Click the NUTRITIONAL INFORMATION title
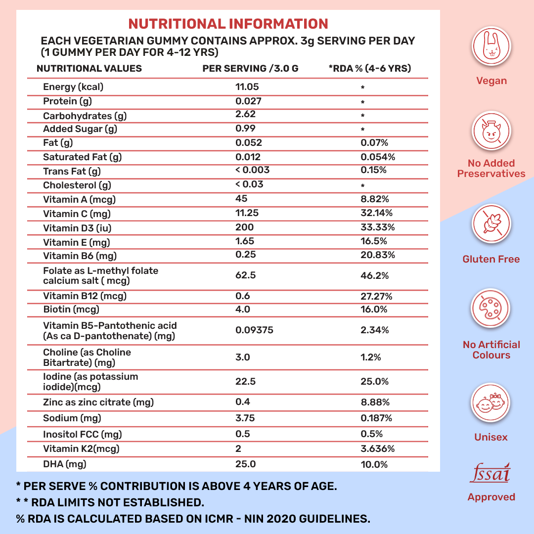(x=228, y=24)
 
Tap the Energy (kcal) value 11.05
(x=247, y=87)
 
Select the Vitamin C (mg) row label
(x=77, y=214)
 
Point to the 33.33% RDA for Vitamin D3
(x=378, y=227)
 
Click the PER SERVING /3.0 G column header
(x=250, y=69)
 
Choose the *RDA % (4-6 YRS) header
(x=370, y=69)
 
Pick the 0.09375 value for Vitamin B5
(x=255, y=330)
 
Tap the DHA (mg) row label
(x=62, y=464)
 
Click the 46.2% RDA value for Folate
(x=375, y=275)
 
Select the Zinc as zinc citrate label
(x=98, y=402)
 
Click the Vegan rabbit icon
(x=491, y=46)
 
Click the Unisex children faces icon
(x=491, y=402)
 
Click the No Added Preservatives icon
(x=491, y=132)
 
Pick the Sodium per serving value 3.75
(x=245, y=418)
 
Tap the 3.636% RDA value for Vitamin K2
(x=378, y=449)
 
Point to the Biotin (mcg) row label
(x=71, y=310)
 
